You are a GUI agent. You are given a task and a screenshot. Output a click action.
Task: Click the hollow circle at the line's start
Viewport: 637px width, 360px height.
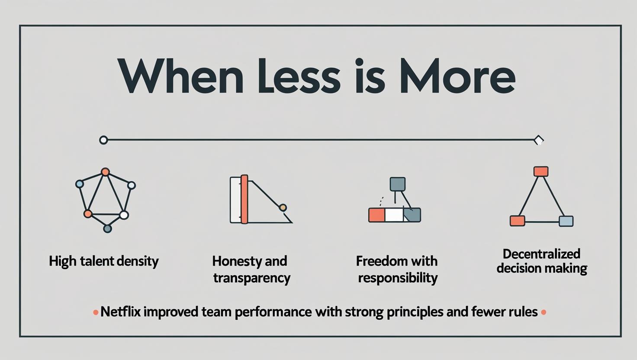[x=103, y=140]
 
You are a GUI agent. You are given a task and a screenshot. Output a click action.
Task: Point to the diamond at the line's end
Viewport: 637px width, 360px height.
[x=539, y=140]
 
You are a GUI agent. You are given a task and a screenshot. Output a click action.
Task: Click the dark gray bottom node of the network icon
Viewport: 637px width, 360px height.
[x=107, y=228]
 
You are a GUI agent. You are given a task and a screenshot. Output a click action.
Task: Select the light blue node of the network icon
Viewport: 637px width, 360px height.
[x=80, y=184]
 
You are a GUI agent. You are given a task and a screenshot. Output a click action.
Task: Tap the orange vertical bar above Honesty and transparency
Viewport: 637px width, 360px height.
[x=244, y=199]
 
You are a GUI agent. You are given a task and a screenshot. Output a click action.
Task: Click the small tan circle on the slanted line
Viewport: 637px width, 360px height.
[x=283, y=208]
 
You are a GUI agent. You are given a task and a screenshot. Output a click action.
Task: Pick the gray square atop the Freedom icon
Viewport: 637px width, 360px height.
[x=398, y=184]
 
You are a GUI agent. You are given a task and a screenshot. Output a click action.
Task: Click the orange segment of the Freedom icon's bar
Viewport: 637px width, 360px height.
[x=376, y=215]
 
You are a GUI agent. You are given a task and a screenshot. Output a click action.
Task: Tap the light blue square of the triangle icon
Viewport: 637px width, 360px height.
[x=566, y=221]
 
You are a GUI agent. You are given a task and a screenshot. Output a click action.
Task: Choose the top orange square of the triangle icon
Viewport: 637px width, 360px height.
[x=541, y=171]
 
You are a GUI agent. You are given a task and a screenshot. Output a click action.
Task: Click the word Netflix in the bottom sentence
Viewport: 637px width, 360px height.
[x=121, y=312]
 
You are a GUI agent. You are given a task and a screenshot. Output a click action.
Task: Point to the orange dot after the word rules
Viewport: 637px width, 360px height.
[x=544, y=312]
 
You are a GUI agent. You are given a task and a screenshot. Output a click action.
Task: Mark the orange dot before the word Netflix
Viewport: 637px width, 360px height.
[x=96, y=313]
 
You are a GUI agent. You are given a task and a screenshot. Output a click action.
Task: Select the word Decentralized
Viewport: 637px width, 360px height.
[x=541, y=254]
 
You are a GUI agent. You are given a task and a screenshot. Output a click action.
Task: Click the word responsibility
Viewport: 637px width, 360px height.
[x=398, y=278]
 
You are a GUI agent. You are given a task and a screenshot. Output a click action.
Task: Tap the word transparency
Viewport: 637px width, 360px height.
[x=252, y=278]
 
